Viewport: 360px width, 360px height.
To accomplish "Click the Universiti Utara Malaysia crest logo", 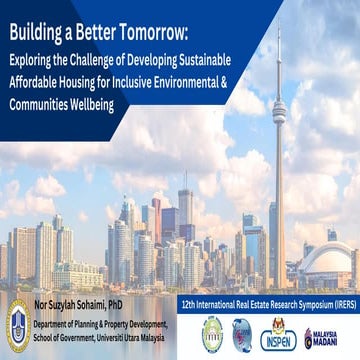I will [x=18, y=326].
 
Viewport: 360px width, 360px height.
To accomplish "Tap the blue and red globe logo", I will [x=242, y=335].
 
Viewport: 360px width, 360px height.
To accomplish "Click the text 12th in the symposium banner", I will [x=188, y=300].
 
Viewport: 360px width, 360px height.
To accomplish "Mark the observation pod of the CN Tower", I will [x=278, y=112].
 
